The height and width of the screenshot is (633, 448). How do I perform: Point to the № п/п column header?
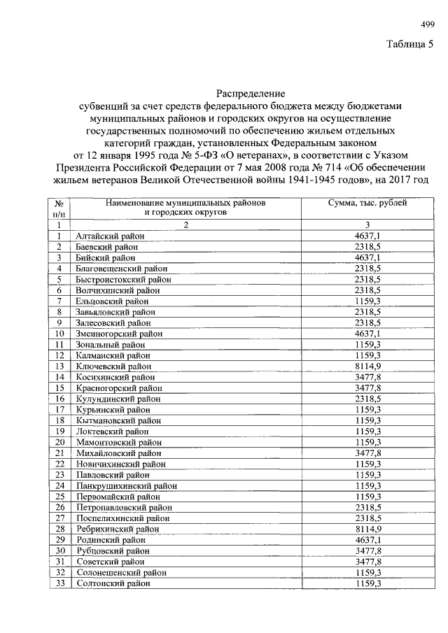[60, 208]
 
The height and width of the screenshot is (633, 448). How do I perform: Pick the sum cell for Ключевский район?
[367, 364]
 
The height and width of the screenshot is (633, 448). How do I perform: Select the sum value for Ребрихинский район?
[367, 529]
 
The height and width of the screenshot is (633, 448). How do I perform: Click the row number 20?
[60, 441]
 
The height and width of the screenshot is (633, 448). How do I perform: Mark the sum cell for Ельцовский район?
[367, 301]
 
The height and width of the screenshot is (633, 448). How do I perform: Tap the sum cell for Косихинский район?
[367, 377]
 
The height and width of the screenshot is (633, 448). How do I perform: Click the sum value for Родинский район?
[367, 540]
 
